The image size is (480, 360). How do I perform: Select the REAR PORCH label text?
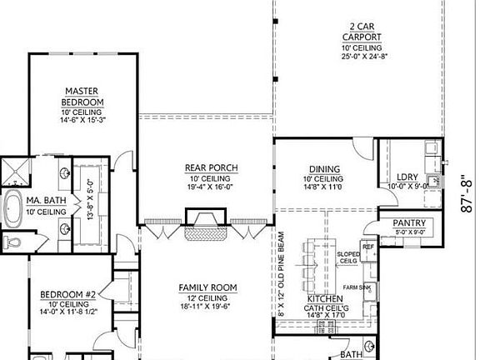[210, 168]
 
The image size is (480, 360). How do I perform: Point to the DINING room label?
[322, 168]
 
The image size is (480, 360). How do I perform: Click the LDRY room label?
[407, 177]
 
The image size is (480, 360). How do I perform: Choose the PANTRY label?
[409, 223]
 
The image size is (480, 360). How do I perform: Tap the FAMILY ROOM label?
[207, 288]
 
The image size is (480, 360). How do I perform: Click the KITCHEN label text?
[325, 297]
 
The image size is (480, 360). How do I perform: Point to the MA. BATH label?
[46, 202]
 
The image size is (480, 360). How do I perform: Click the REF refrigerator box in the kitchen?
[367, 247]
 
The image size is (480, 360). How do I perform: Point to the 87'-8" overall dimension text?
[467, 194]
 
